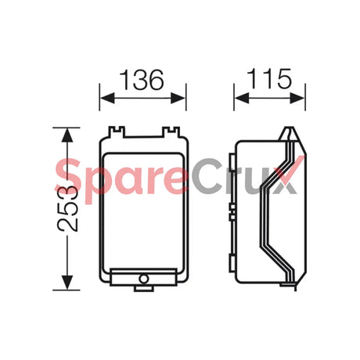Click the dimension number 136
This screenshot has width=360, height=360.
pos(142,79)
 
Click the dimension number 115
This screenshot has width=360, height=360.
pos(270,79)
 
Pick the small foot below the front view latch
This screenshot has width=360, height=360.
pos(142,288)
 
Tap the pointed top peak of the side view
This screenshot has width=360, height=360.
pos(285,129)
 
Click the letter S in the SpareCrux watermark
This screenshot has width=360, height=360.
pos(70,177)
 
